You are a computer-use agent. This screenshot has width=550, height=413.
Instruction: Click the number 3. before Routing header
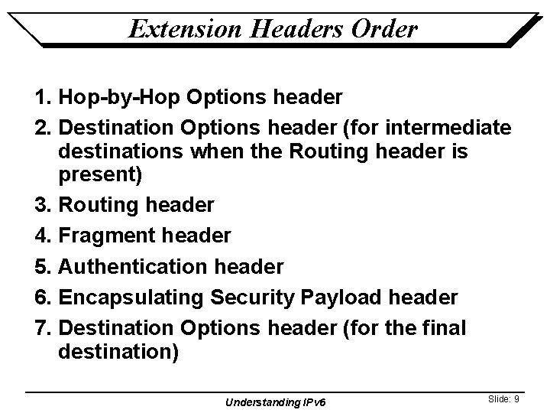point(44,204)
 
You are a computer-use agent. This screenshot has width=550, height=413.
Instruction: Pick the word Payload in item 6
point(348,298)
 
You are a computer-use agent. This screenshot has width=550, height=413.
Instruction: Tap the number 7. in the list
point(44,328)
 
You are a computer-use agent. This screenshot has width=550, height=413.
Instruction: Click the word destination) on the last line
point(118,354)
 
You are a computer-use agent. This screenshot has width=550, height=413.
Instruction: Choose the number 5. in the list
point(44,267)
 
